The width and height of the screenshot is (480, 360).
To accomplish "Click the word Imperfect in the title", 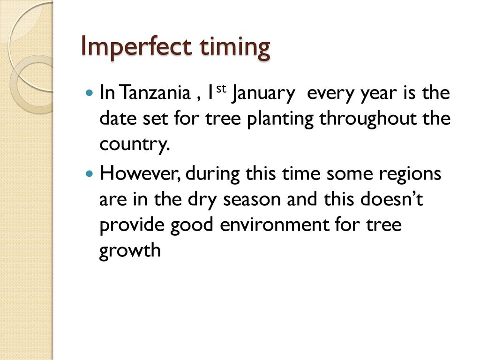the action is pyautogui.click(x=136, y=47).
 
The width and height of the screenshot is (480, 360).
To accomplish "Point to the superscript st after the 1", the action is pyautogui.click(x=221, y=89).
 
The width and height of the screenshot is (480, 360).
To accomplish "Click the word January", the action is pyautogui.click(x=263, y=94).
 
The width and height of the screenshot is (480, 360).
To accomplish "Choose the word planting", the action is pyautogui.click(x=280, y=120).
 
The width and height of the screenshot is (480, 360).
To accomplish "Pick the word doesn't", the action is pyautogui.click(x=392, y=199).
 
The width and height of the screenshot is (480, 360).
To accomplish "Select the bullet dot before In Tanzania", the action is pyautogui.click(x=89, y=92).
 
